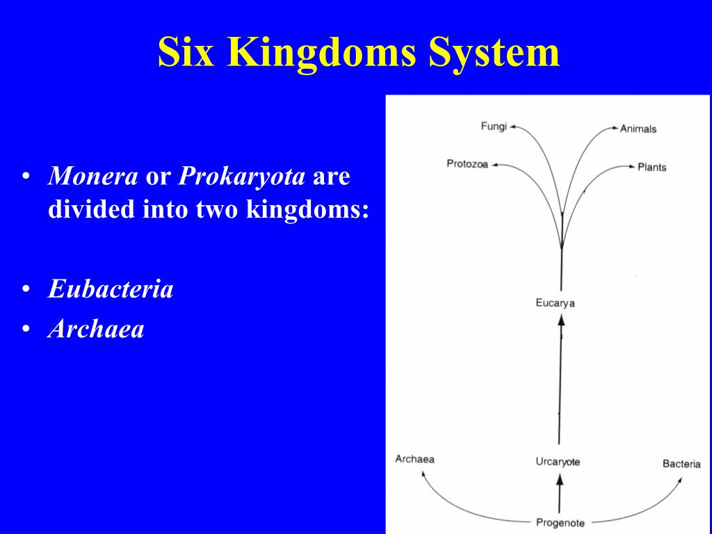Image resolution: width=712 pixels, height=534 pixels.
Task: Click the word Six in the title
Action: tap(186, 51)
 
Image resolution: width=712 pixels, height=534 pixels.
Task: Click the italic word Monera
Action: tap(92, 176)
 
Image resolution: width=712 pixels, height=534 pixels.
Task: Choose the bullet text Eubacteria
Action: tap(111, 289)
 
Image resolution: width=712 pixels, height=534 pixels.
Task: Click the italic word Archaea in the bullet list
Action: tap(96, 329)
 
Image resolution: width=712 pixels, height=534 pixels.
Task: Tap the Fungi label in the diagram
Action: tap(494, 127)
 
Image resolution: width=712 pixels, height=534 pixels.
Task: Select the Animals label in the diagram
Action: tap(638, 129)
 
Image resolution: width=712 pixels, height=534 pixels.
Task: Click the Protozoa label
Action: tap(467, 163)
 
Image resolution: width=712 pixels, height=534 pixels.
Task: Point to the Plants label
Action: tap(652, 167)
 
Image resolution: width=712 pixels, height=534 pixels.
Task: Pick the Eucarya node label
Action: tap(555, 303)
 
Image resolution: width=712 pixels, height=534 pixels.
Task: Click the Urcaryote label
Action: tap(558, 462)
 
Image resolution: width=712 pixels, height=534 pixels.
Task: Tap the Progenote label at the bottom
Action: tap(560, 523)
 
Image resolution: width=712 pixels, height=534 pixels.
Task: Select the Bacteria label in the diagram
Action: tap(681, 464)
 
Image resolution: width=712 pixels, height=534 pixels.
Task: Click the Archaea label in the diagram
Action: tap(414, 459)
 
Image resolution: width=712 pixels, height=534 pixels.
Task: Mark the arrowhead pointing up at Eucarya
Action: tap(561, 320)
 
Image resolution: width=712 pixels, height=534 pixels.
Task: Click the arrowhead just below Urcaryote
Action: tap(560, 479)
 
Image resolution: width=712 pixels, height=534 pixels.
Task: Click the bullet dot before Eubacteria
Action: tap(26, 289)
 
